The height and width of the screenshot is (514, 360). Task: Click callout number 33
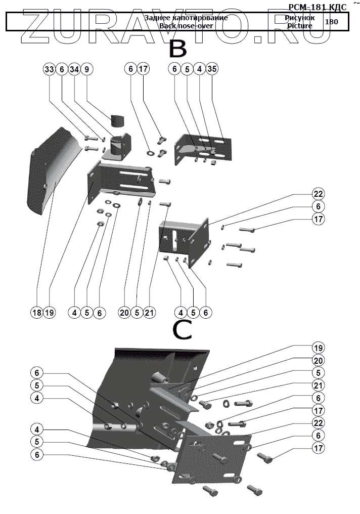click(x=49, y=69)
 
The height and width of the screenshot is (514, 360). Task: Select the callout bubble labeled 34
click(x=74, y=69)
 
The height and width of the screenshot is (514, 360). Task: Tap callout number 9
click(x=86, y=69)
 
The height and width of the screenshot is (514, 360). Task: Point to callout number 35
click(x=212, y=69)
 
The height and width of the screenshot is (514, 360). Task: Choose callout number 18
click(x=36, y=313)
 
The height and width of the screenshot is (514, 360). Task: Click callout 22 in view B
click(x=318, y=194)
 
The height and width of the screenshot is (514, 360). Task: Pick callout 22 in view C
click(x=318, y=422)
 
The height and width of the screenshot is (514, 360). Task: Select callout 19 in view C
click(x=318, y=348)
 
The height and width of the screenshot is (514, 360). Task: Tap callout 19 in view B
click(x=49, y=313)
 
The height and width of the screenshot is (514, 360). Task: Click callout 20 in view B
click(x=124, y=313)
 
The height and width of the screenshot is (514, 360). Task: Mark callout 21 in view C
click(x=318, y=385)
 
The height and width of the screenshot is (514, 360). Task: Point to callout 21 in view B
click(x=149, y=313)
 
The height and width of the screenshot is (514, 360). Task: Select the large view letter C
click(x=182, y=330)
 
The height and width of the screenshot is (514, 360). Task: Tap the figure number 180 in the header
click(x=332, y=22)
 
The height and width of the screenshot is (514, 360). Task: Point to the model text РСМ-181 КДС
click(x=317, y=7)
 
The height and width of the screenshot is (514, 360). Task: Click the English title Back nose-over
click(x=186, y=25)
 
